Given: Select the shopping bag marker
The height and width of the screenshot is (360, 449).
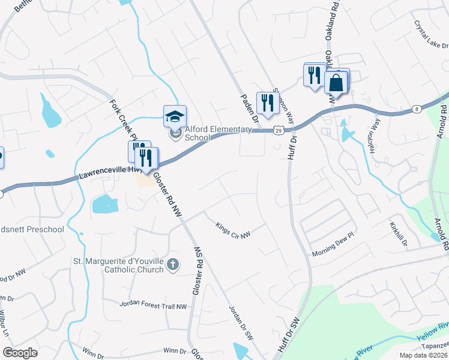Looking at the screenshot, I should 336,82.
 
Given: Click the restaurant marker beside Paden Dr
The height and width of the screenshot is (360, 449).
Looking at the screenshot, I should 267,103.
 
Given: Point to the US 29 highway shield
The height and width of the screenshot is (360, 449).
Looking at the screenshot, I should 278,130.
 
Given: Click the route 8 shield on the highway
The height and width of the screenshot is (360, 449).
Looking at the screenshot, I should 416,109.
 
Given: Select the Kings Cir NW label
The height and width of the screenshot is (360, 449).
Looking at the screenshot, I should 232,230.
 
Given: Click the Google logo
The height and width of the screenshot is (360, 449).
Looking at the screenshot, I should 20,353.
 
